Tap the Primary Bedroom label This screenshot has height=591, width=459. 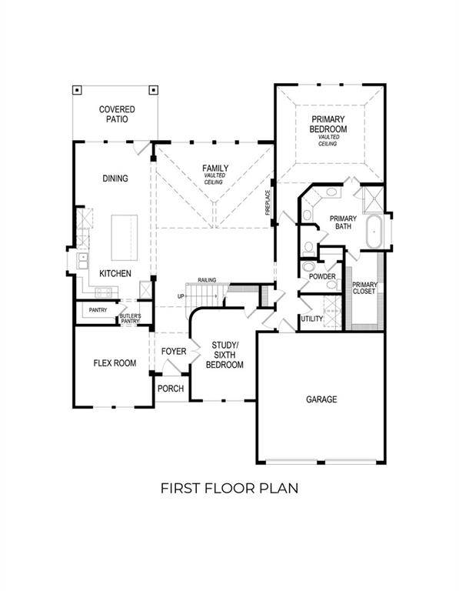pos(328,125)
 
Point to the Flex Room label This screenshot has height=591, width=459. pos(115,363)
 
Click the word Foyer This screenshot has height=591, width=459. pos(174,352)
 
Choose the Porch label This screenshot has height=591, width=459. pos(171,389)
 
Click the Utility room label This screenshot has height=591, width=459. pos(311,319)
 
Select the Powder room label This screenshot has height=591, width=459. pos(321,276)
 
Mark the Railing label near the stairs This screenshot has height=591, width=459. pos(206,280)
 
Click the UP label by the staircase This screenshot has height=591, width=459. pos(181,295)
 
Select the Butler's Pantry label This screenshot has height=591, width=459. pos(130,319)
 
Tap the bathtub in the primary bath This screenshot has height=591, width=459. pos(376,232)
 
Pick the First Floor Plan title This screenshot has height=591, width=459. pos(228,488)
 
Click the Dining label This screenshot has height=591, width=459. pos(115,179)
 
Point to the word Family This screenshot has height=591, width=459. pos(215,168)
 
